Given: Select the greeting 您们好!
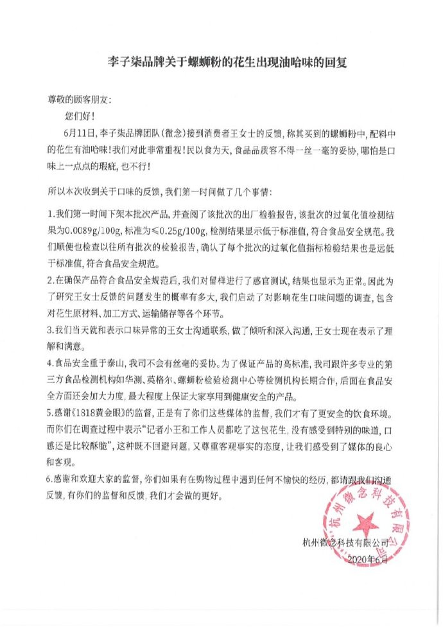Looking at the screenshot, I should pos(80,118).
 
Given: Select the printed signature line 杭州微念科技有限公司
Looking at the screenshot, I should pos(346,542).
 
